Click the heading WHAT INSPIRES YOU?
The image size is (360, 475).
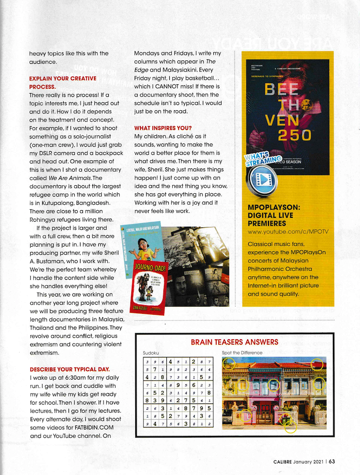coord(163,128)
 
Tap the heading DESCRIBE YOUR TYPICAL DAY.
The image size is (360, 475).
coord(70,369)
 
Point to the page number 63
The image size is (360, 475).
coord(331,462)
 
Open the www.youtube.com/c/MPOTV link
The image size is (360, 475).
coord(289,232)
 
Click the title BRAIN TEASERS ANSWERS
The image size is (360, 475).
coord(234,342)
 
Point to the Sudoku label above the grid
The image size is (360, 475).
coord(151,353)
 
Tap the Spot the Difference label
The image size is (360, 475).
coord(242,353)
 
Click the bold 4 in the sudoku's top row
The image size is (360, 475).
coord(171,361)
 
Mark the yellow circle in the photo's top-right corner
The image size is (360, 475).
coord(317,364)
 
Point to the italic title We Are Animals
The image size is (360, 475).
coord(69,178)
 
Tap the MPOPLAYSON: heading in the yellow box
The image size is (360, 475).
coord(273,207)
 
